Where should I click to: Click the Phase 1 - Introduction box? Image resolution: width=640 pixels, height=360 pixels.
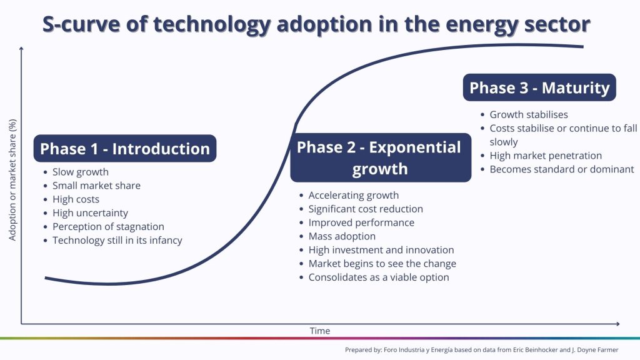pos(125,149)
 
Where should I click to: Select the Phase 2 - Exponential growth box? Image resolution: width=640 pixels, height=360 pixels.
pos(381,157)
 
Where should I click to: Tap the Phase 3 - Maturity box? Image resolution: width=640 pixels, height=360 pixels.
pos(539,87)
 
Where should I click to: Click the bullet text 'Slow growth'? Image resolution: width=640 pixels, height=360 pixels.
pos(81,172)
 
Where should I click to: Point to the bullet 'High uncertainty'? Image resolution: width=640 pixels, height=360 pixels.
pos(90,213)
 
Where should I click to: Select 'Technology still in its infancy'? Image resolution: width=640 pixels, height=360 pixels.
pos(117,241)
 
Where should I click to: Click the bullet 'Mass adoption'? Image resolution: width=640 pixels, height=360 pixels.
pos(342,236)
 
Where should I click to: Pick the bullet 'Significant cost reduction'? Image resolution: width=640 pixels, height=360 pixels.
pos(365,209)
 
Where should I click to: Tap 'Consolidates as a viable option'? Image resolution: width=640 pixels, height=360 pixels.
pos(378,277)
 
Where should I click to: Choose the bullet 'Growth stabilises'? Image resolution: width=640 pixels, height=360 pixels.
pos(529,115)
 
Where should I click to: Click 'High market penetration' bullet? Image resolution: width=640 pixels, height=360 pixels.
pos(545,156)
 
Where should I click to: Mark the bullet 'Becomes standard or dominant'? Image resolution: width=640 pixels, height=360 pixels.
pos(562,169)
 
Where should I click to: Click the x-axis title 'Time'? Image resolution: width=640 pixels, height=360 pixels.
pos(319,331)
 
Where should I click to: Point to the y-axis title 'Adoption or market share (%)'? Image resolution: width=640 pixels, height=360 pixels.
pos(12,180)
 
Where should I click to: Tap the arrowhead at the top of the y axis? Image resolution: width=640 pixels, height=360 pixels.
pos(21,49)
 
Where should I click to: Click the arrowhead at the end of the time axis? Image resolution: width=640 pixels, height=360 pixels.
pos(617,324)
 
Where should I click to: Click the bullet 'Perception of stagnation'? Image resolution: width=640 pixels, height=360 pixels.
pos(108,227)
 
